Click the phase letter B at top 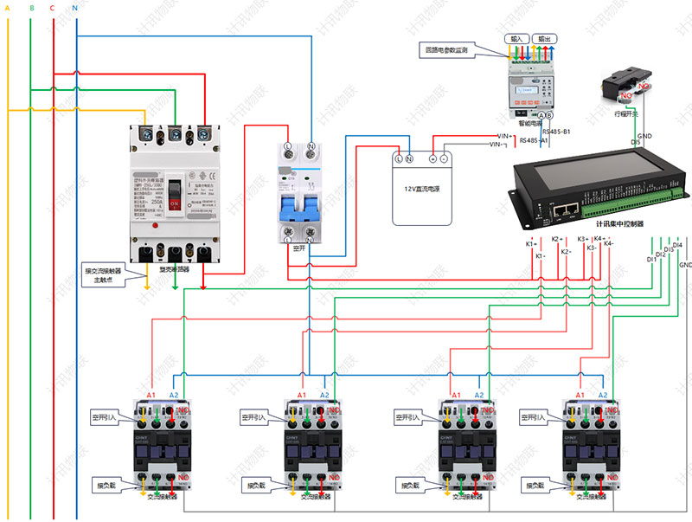tap(31, 8)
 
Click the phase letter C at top tap(53, 8)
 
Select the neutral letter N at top tap(75, 8)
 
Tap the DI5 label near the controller tap(636, 142)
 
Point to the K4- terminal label tap(608, 245)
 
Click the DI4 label tap(677, 245)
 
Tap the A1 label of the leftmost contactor tap(151, 395)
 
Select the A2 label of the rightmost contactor tap(603, 395)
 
